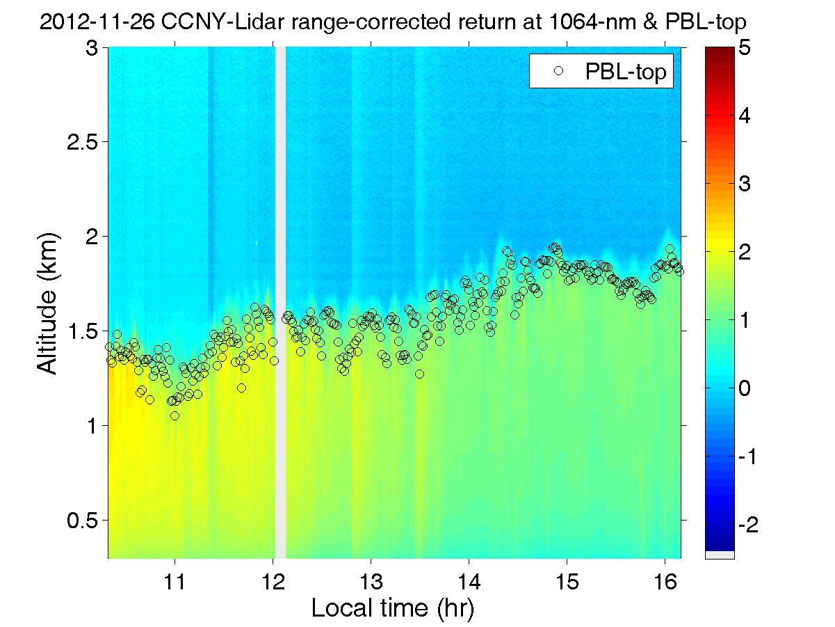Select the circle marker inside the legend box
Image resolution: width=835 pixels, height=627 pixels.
557,70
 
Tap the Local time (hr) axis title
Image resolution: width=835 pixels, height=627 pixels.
393,608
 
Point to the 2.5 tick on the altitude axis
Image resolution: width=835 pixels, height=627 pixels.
83,142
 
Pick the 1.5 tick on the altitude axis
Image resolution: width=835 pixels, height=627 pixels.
83,331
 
